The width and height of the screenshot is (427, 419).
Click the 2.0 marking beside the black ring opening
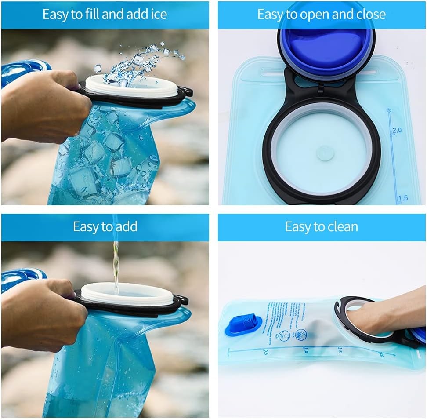(397, 130)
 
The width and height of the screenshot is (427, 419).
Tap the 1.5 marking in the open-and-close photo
(402, 198)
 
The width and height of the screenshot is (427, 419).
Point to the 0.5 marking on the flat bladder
(265, 351)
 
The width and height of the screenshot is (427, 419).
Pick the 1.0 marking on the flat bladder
(304, 350)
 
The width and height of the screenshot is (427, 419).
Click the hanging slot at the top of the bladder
(274, 70)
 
